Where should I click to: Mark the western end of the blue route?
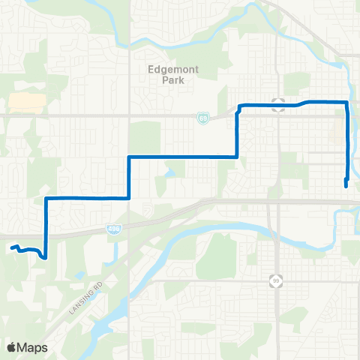(x=12, y=247)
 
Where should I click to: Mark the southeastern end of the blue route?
(x=345, y=185)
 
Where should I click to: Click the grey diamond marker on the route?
(x=278, y=105)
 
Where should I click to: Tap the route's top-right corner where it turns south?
(x=346, y=101)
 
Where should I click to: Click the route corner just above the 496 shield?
(x=130, y=198)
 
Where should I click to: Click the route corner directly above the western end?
(x=46, y=198)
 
